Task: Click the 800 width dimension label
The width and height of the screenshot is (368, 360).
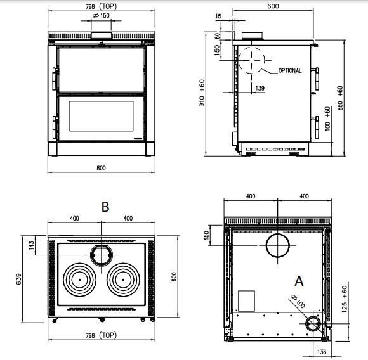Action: [x=101, y=168]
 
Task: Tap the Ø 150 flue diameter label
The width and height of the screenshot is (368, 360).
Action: [x=101, y=15]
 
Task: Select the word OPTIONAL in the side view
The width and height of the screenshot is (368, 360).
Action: [x=290, y=70]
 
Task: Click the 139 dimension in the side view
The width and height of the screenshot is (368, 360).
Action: [x=260, y=88]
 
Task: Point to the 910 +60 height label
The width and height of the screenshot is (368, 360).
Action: [x=202, y=93]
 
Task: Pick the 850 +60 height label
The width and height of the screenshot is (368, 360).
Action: [x=340, y=98]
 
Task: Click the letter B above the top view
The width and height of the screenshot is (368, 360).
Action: [x=105, y=207]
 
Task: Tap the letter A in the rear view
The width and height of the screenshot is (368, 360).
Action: [x=299, y=281]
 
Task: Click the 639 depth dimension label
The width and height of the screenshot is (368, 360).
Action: [x=18, y=279]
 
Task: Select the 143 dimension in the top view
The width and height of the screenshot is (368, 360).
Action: [x=32, y=245]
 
